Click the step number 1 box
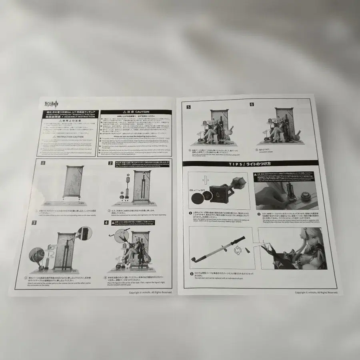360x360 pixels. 43,164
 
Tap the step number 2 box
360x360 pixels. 110,163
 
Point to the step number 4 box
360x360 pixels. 106,222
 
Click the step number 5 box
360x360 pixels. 188,107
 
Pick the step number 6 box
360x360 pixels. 252,104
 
